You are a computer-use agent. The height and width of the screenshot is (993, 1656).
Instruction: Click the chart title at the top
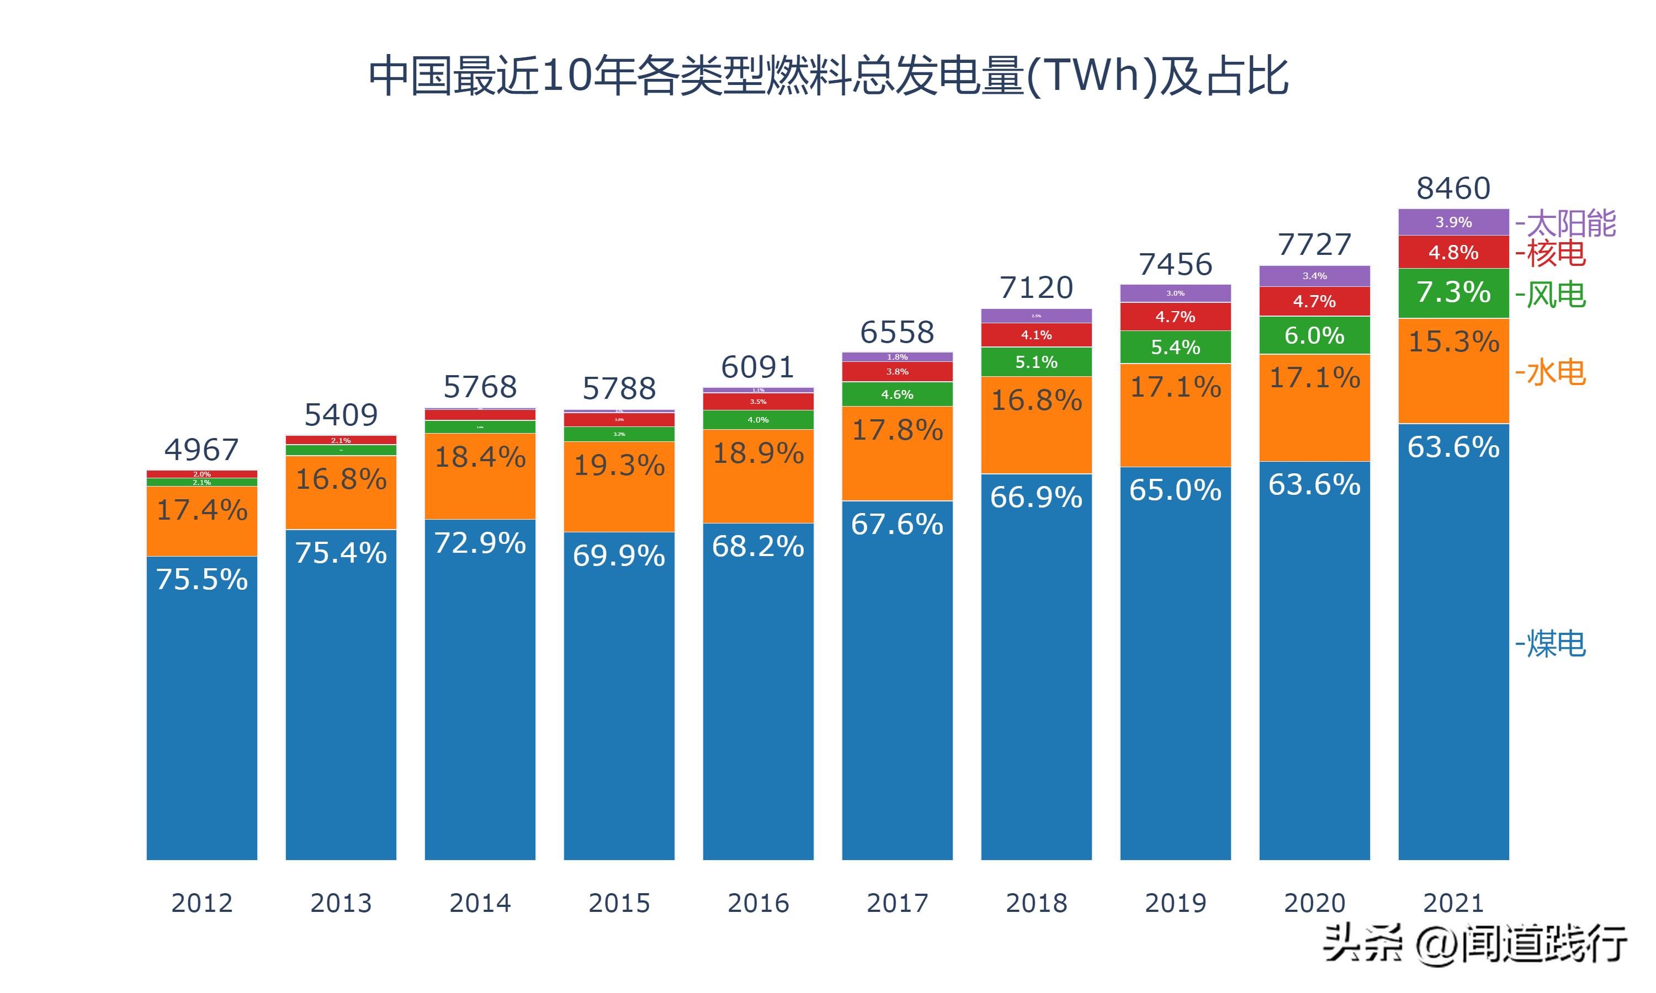828,76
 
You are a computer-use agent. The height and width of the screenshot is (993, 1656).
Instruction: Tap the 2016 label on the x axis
758,903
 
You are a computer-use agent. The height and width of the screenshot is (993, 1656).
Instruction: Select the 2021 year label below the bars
1453,903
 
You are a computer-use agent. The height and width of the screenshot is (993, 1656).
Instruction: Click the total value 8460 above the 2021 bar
1453,189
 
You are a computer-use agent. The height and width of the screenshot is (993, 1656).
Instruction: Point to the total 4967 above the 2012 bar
201,450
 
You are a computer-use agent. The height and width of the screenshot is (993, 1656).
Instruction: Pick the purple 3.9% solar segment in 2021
1453,222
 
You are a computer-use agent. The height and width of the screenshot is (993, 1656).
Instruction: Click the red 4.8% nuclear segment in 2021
1453,252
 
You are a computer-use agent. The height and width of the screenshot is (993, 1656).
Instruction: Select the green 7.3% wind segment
1453,292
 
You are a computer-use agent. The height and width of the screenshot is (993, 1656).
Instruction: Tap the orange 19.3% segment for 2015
619,466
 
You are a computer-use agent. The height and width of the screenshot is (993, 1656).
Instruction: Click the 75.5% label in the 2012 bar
201,579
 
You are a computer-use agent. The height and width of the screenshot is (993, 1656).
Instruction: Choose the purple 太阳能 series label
1567,223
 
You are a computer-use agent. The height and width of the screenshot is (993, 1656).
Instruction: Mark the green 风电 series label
1551,295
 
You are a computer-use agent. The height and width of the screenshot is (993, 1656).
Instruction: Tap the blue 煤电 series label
1551,644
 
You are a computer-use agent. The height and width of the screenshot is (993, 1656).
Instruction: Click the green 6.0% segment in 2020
1314,335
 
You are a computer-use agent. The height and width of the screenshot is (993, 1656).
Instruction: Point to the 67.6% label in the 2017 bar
897,525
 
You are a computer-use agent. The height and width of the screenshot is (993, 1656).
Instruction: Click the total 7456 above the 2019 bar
1175,265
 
